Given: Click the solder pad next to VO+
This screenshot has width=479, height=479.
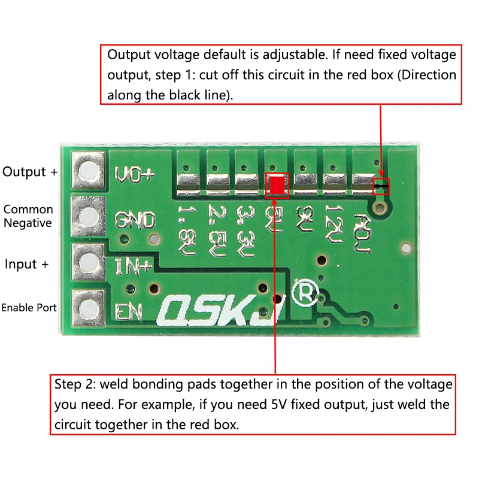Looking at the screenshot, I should pyautogui.click(x=87, y=170).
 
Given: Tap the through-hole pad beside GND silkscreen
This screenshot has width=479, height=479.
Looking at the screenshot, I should pyautogui.click(x=87, y=216).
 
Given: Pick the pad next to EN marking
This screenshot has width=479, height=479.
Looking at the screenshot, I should pyautogui.click(x=87, y=307).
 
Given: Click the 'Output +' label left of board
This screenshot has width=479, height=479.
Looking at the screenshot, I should pyautogui.click(x=31, y=172).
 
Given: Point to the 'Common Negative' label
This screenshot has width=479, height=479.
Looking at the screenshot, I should pyautogui.click(x=28, y=216).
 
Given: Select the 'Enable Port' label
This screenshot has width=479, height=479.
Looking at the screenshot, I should pyautogui.click(x=29, y=308).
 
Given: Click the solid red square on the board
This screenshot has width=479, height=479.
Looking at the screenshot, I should pyautogui.click(x=277, y=186).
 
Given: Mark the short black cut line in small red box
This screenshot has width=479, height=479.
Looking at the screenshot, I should pyautogui.click(x=381, y=187).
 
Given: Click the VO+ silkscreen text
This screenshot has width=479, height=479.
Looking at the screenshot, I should pyautogui.click(x=134, y=174).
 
